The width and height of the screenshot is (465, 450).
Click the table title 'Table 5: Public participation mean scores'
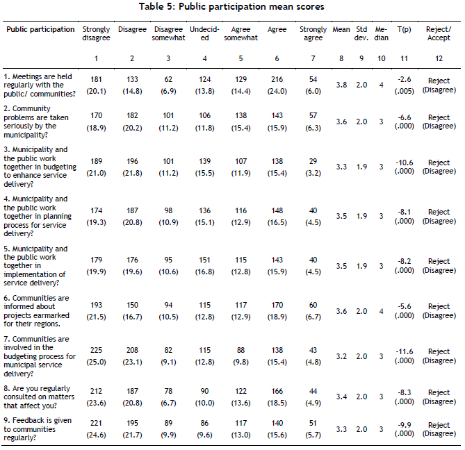pyautogui.click(x=231, y=6)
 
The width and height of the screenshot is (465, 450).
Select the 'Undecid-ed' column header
pyautogui.click(x=204, y=33)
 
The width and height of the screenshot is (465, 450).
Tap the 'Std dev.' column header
pyautogui.click(x=361, y=33)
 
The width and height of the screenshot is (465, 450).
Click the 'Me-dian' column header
pyautogui.click(x=382, y=33)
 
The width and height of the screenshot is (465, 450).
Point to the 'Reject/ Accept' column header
pyautogui.click(x=439, y=33)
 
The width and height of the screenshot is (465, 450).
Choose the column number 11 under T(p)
pyautogui.click(x=405, y=58)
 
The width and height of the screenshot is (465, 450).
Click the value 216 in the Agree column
pyautogui.click(x=277, y=79)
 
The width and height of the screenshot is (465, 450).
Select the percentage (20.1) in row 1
pyautogui.click(x=96, y=91)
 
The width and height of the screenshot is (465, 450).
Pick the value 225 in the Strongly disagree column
pyautogui.click(x=96, y=350)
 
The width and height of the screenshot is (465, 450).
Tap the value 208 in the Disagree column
pyautogui.click(x=132, y=350)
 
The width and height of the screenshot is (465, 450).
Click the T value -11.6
pyautogui.click(x=405, y=351)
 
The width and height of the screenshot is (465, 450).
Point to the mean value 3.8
pyautogui.click(x=341, y=85)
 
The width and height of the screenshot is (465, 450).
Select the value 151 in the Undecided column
pyautogui.click(x=204, y=260)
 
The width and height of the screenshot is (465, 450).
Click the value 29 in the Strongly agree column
pyautogui.click(x=313, y=161)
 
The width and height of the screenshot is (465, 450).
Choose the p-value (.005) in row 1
pyautogui.click(x=405, y=91)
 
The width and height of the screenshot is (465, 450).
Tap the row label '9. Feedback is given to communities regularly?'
pyautogui.click(x=38, y=429)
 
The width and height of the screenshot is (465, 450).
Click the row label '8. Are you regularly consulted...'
pyautogui.click(x=39, y=397)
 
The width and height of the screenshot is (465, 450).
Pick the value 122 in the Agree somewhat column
pyautogui.click(x=240, y=391)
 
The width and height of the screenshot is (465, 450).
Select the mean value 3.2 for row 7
pyautogui.click(x=341, y=356)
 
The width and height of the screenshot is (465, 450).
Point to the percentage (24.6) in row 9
pyautogui.click(x=96, y=435)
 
